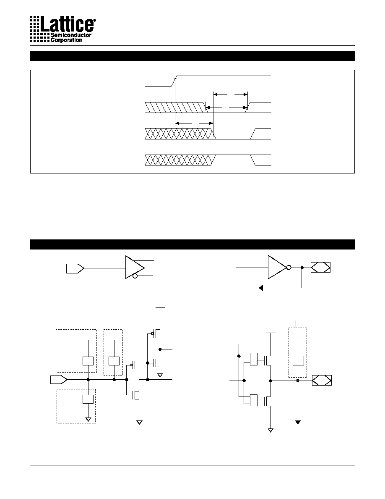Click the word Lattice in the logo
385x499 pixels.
tap(67, 24)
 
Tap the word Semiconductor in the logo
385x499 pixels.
tap(71, 35)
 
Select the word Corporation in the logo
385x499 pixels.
tap(66, 40)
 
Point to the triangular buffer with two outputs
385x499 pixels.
tap(135, 267)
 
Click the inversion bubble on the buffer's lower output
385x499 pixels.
tap(135, 276)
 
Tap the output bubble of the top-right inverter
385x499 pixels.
tap(289, 268)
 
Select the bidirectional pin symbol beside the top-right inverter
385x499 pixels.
tap(320, 267)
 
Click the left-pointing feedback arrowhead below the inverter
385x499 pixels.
tap(261, 288)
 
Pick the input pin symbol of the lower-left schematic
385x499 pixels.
tap(59, 379)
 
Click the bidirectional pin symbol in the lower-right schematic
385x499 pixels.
tap(322, 380)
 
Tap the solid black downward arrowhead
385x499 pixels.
tap(298, 422)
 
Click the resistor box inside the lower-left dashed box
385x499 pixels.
tap(88, 399)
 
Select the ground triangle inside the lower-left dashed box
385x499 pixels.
tap(88, 420)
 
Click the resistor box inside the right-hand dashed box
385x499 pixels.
tap(298, 360)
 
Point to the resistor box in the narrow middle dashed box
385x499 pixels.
tap(114, 361)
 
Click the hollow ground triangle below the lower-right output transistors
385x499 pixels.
tap(271, 430)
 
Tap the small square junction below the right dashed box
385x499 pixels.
tap(298, 380)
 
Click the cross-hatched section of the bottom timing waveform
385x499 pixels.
tap(180, 160)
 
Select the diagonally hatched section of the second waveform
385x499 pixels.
tap(176, 108)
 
